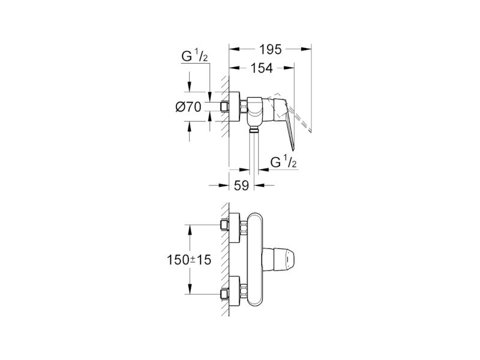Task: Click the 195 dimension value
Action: pyautogui.click(x=271, y=49)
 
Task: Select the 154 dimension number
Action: pyautogui.click(x=262, y=68)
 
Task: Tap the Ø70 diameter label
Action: pyautogui.click(x=188, y=107)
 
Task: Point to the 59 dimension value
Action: pyautogui.click(x=241, y=185)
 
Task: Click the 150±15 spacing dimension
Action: pyautogui.click(x=189, y=260)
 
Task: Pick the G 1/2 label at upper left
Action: pyautogui.click(x=194, y=56)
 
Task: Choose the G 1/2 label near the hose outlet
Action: pyautogui.click(x=283, y=162)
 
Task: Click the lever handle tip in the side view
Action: pyautogui.click(x=293, y=149)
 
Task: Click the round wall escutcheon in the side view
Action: pyautogui.click(x=235, y=107)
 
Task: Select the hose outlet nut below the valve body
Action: pyautogui.click(x=254, y=131)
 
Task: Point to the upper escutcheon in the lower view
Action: pyautogui.click(x=235, y=228)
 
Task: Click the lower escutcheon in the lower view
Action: pyautogui.click(x=235, y=292)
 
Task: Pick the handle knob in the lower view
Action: pyautogui.click(x=278, y=260)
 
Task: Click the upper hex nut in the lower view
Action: pyautogui.click(x=244, y=228)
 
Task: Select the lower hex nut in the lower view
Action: pyautogui.click(x=244, y=291)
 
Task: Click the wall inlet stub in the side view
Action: pyautogui.click(x=224, y=107)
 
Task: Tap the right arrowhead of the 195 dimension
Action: pyautogui.click(x=307, y=49)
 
